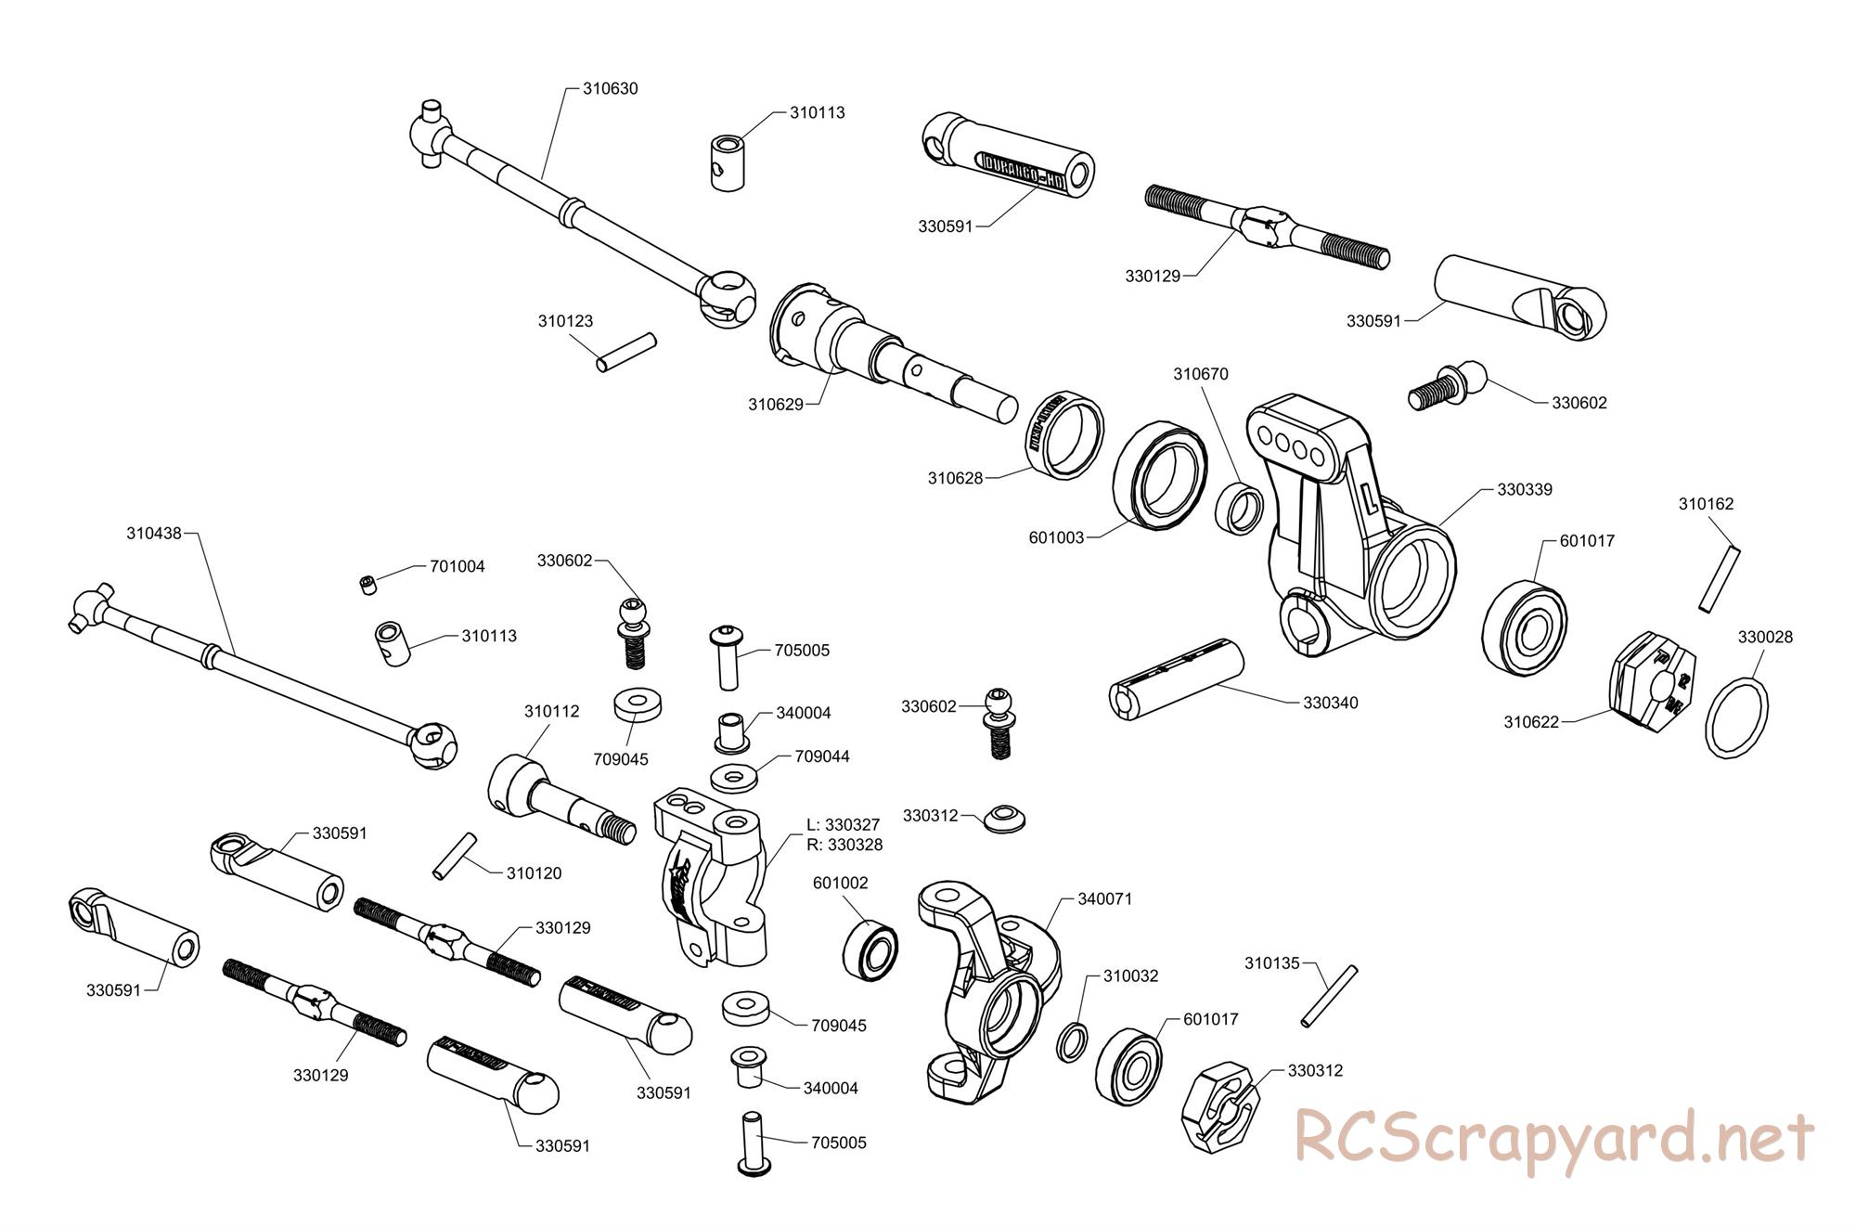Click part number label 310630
[610, 89]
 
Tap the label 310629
[776, 404]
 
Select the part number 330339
[1525, 489]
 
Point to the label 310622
[1531, 721]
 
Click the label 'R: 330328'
[844, 845]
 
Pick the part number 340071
[1105, 898]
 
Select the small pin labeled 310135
[1329, 996]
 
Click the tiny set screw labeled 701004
[368, 584]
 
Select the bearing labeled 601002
[870, 949]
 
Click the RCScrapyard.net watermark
[1553, 1137]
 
